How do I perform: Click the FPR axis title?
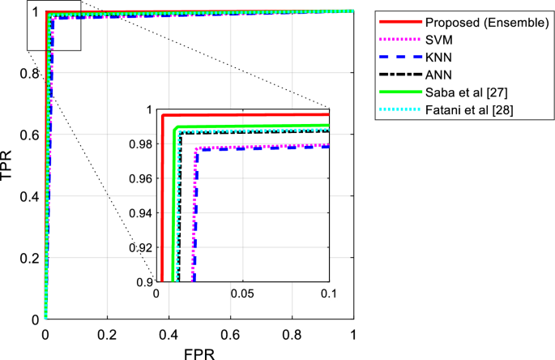tap(199, 352)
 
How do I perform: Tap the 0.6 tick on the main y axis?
tap(31, 135)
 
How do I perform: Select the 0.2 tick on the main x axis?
tap(107, 334)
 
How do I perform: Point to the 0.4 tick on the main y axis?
tap(31, 196)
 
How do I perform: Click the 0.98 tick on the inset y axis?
tap(141, 144)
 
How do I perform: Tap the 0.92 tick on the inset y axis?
tap(141, 247)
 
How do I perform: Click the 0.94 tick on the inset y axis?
tap(141, 213)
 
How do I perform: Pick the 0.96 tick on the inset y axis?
tap(141, 178)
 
